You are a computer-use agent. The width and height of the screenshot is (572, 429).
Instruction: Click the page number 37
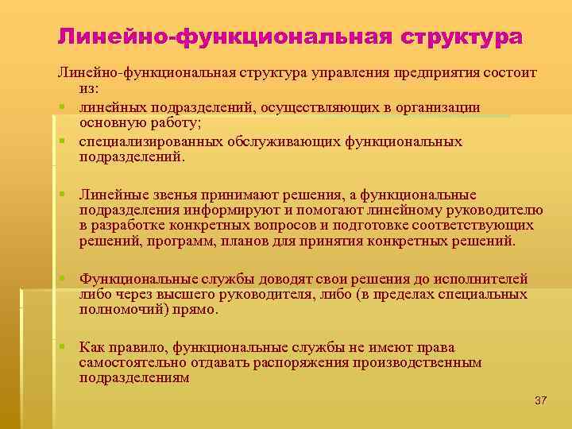click(x=540, y=400)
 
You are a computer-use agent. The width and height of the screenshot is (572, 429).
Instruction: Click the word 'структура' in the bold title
click(x=462, y=37)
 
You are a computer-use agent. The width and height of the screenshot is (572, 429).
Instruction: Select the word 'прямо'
click(x=199, y=309)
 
